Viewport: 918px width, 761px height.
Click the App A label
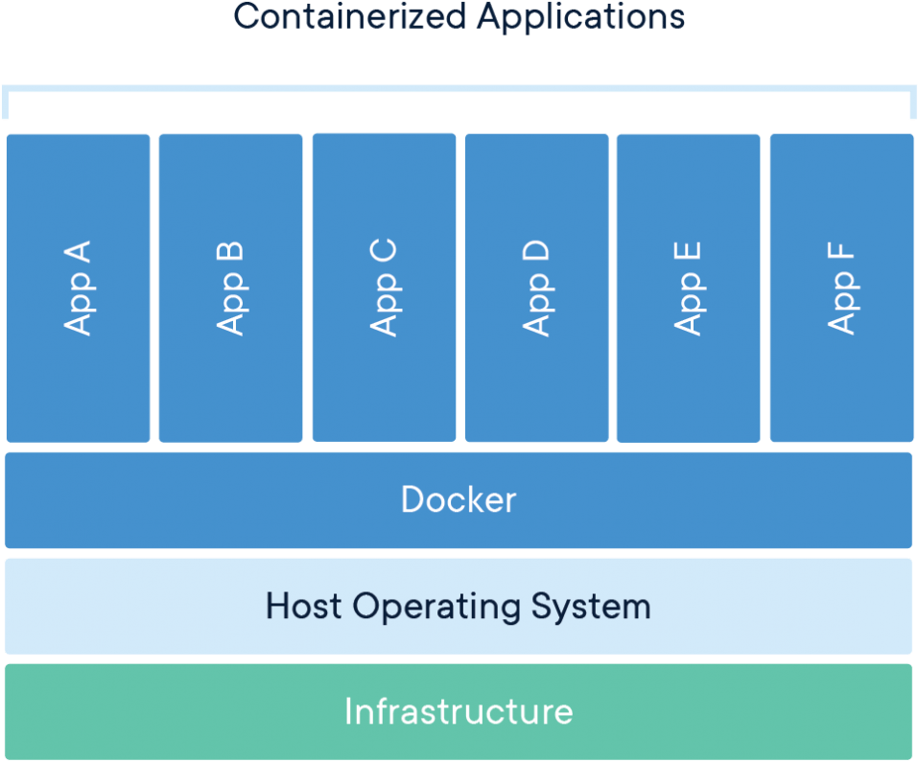coord(78,288)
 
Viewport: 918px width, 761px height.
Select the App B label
coord(230,288)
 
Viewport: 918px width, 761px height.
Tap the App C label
coord(384,288)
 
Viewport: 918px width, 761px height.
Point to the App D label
coord(536,288)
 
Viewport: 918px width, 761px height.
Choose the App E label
coord(688,288)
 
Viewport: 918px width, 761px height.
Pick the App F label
coord(841,288)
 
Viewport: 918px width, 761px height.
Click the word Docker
coord(459,500)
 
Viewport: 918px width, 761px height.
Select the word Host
coord(304,606)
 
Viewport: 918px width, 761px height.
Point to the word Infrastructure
coord(459,712)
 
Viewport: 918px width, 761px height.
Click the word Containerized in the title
coord(349,16)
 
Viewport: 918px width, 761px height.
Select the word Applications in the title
coord(581,16)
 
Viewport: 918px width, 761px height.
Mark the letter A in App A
coord(78,254)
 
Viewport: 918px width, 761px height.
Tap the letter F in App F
coord(841,256)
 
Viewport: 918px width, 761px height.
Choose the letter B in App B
coord(230,254)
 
